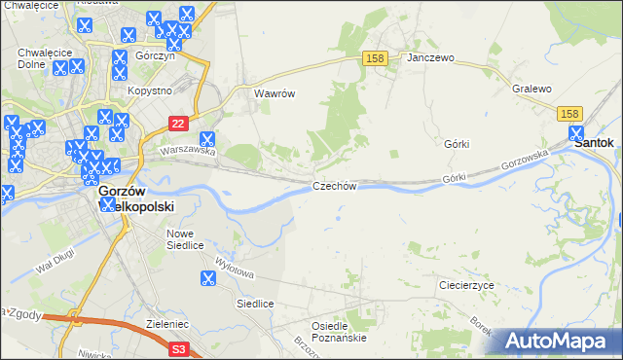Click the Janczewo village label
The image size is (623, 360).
(431, 58)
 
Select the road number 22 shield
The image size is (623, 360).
(177, 124)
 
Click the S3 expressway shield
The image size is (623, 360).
(178, 346)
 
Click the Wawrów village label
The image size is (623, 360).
(274, 94)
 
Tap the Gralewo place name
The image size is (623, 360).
(531, 89)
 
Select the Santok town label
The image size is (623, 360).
(594, 142)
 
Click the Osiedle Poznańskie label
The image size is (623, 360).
(339, 332)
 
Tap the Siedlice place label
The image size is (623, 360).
(255, 305)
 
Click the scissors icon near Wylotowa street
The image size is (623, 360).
(207, 279)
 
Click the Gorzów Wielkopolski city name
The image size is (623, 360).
(135, 199)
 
